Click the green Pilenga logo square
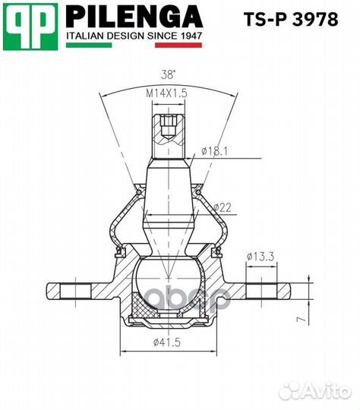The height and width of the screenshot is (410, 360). [30, 27]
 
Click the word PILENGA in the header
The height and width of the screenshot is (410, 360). [134, 17]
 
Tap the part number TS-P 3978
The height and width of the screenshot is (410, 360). [291, 19]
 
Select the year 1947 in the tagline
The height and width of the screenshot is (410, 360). [191, 36]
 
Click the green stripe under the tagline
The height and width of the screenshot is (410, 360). [89, 46]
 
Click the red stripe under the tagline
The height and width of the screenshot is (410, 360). [178, 46]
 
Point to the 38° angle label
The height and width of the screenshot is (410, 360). [168, 74]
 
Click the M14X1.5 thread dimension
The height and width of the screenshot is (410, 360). [166, 93]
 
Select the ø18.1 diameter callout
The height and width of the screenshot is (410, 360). [214, 151]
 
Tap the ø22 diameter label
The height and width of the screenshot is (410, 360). [223, 207]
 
